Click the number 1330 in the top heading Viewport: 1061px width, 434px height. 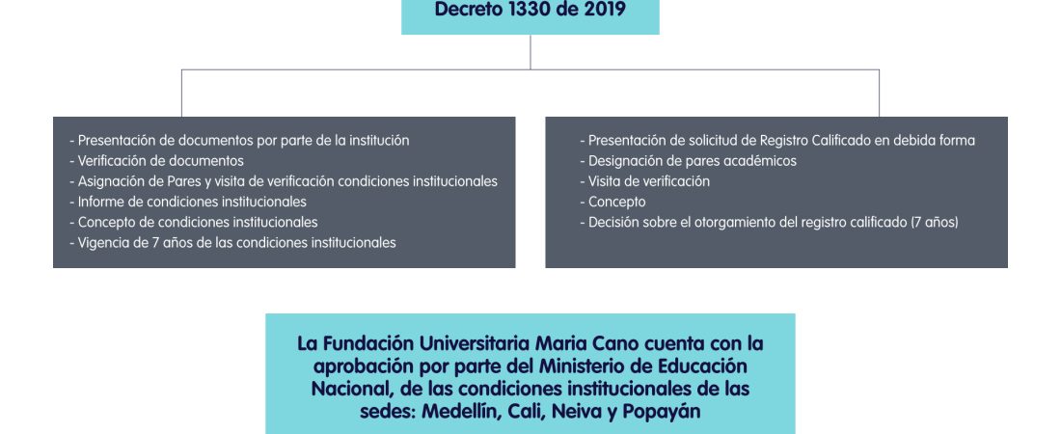[534, 10]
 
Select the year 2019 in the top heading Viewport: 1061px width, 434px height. [605, 10]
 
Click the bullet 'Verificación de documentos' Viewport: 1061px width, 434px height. [156, 161]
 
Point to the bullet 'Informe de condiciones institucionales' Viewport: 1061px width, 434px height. [188, 202]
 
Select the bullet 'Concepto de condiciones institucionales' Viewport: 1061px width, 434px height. [194, 222]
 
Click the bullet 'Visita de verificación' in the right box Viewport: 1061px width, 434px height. [645, 181]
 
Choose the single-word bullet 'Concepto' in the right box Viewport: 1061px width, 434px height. [613, 202]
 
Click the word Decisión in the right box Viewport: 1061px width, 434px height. [613, 222]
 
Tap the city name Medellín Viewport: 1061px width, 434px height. [460, 412]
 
